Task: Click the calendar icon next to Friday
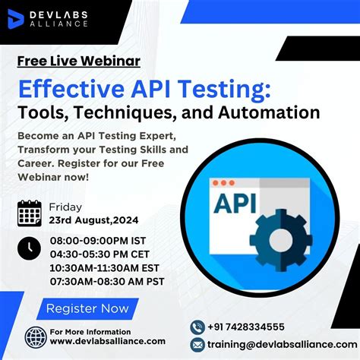point(30,213)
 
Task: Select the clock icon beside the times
point(30,247)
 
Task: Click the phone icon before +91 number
point(197,327)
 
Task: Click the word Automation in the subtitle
point(265,113)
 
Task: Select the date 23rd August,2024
point(94,220)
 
